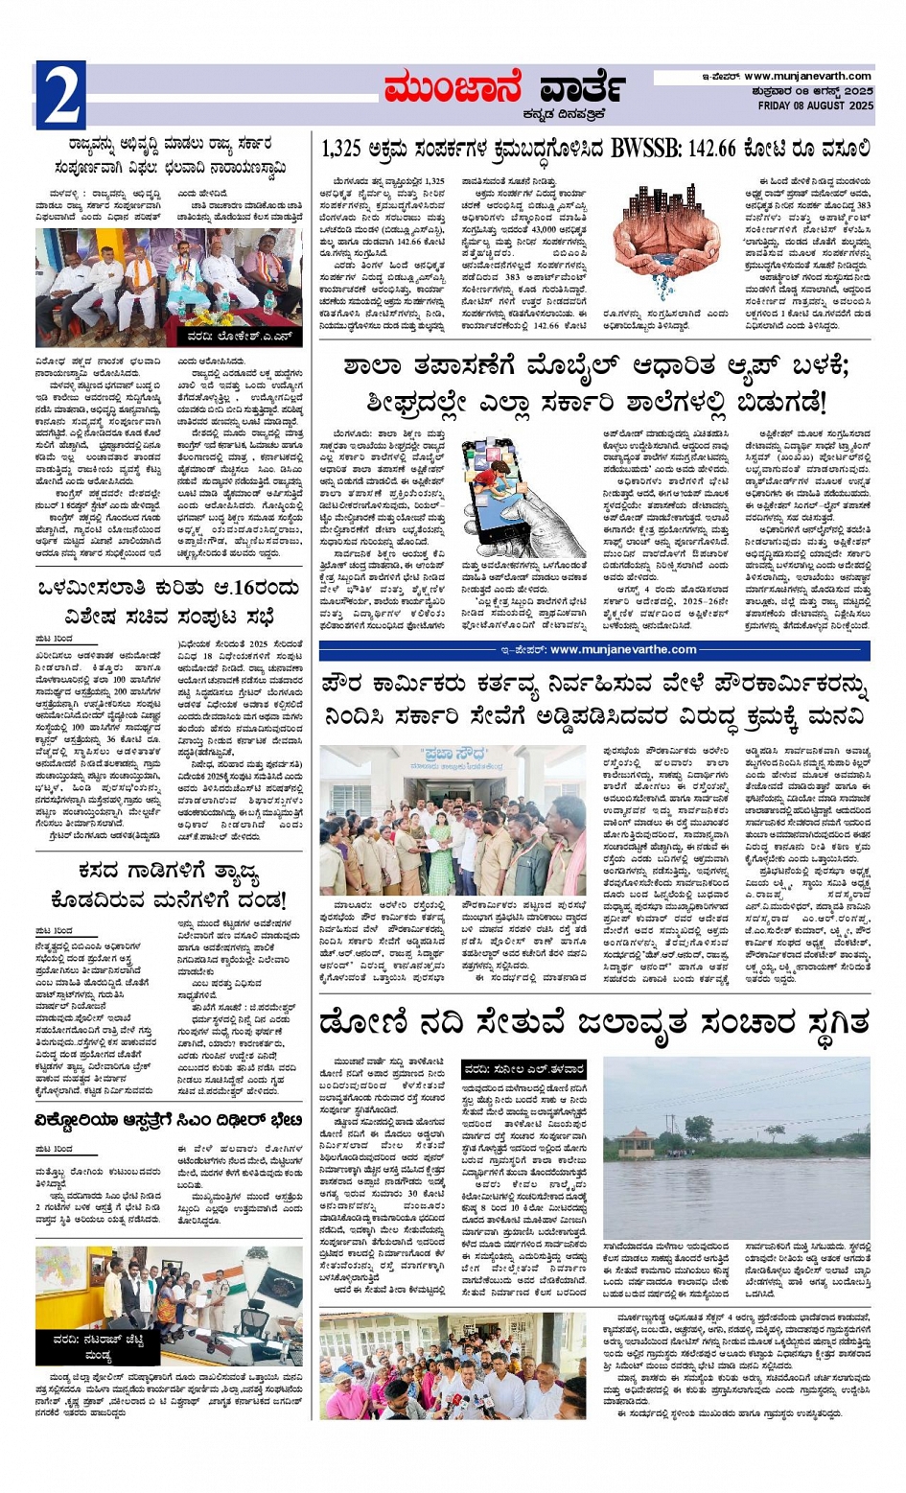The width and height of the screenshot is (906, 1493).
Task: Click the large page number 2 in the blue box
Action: [60, 94]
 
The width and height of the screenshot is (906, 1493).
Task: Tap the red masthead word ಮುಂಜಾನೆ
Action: [451, 89]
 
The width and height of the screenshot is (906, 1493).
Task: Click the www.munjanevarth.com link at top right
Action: [807, 77]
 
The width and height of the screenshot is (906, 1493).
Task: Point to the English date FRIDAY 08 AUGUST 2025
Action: [815, 105]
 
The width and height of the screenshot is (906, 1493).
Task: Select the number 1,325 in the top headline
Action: [341, 150]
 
